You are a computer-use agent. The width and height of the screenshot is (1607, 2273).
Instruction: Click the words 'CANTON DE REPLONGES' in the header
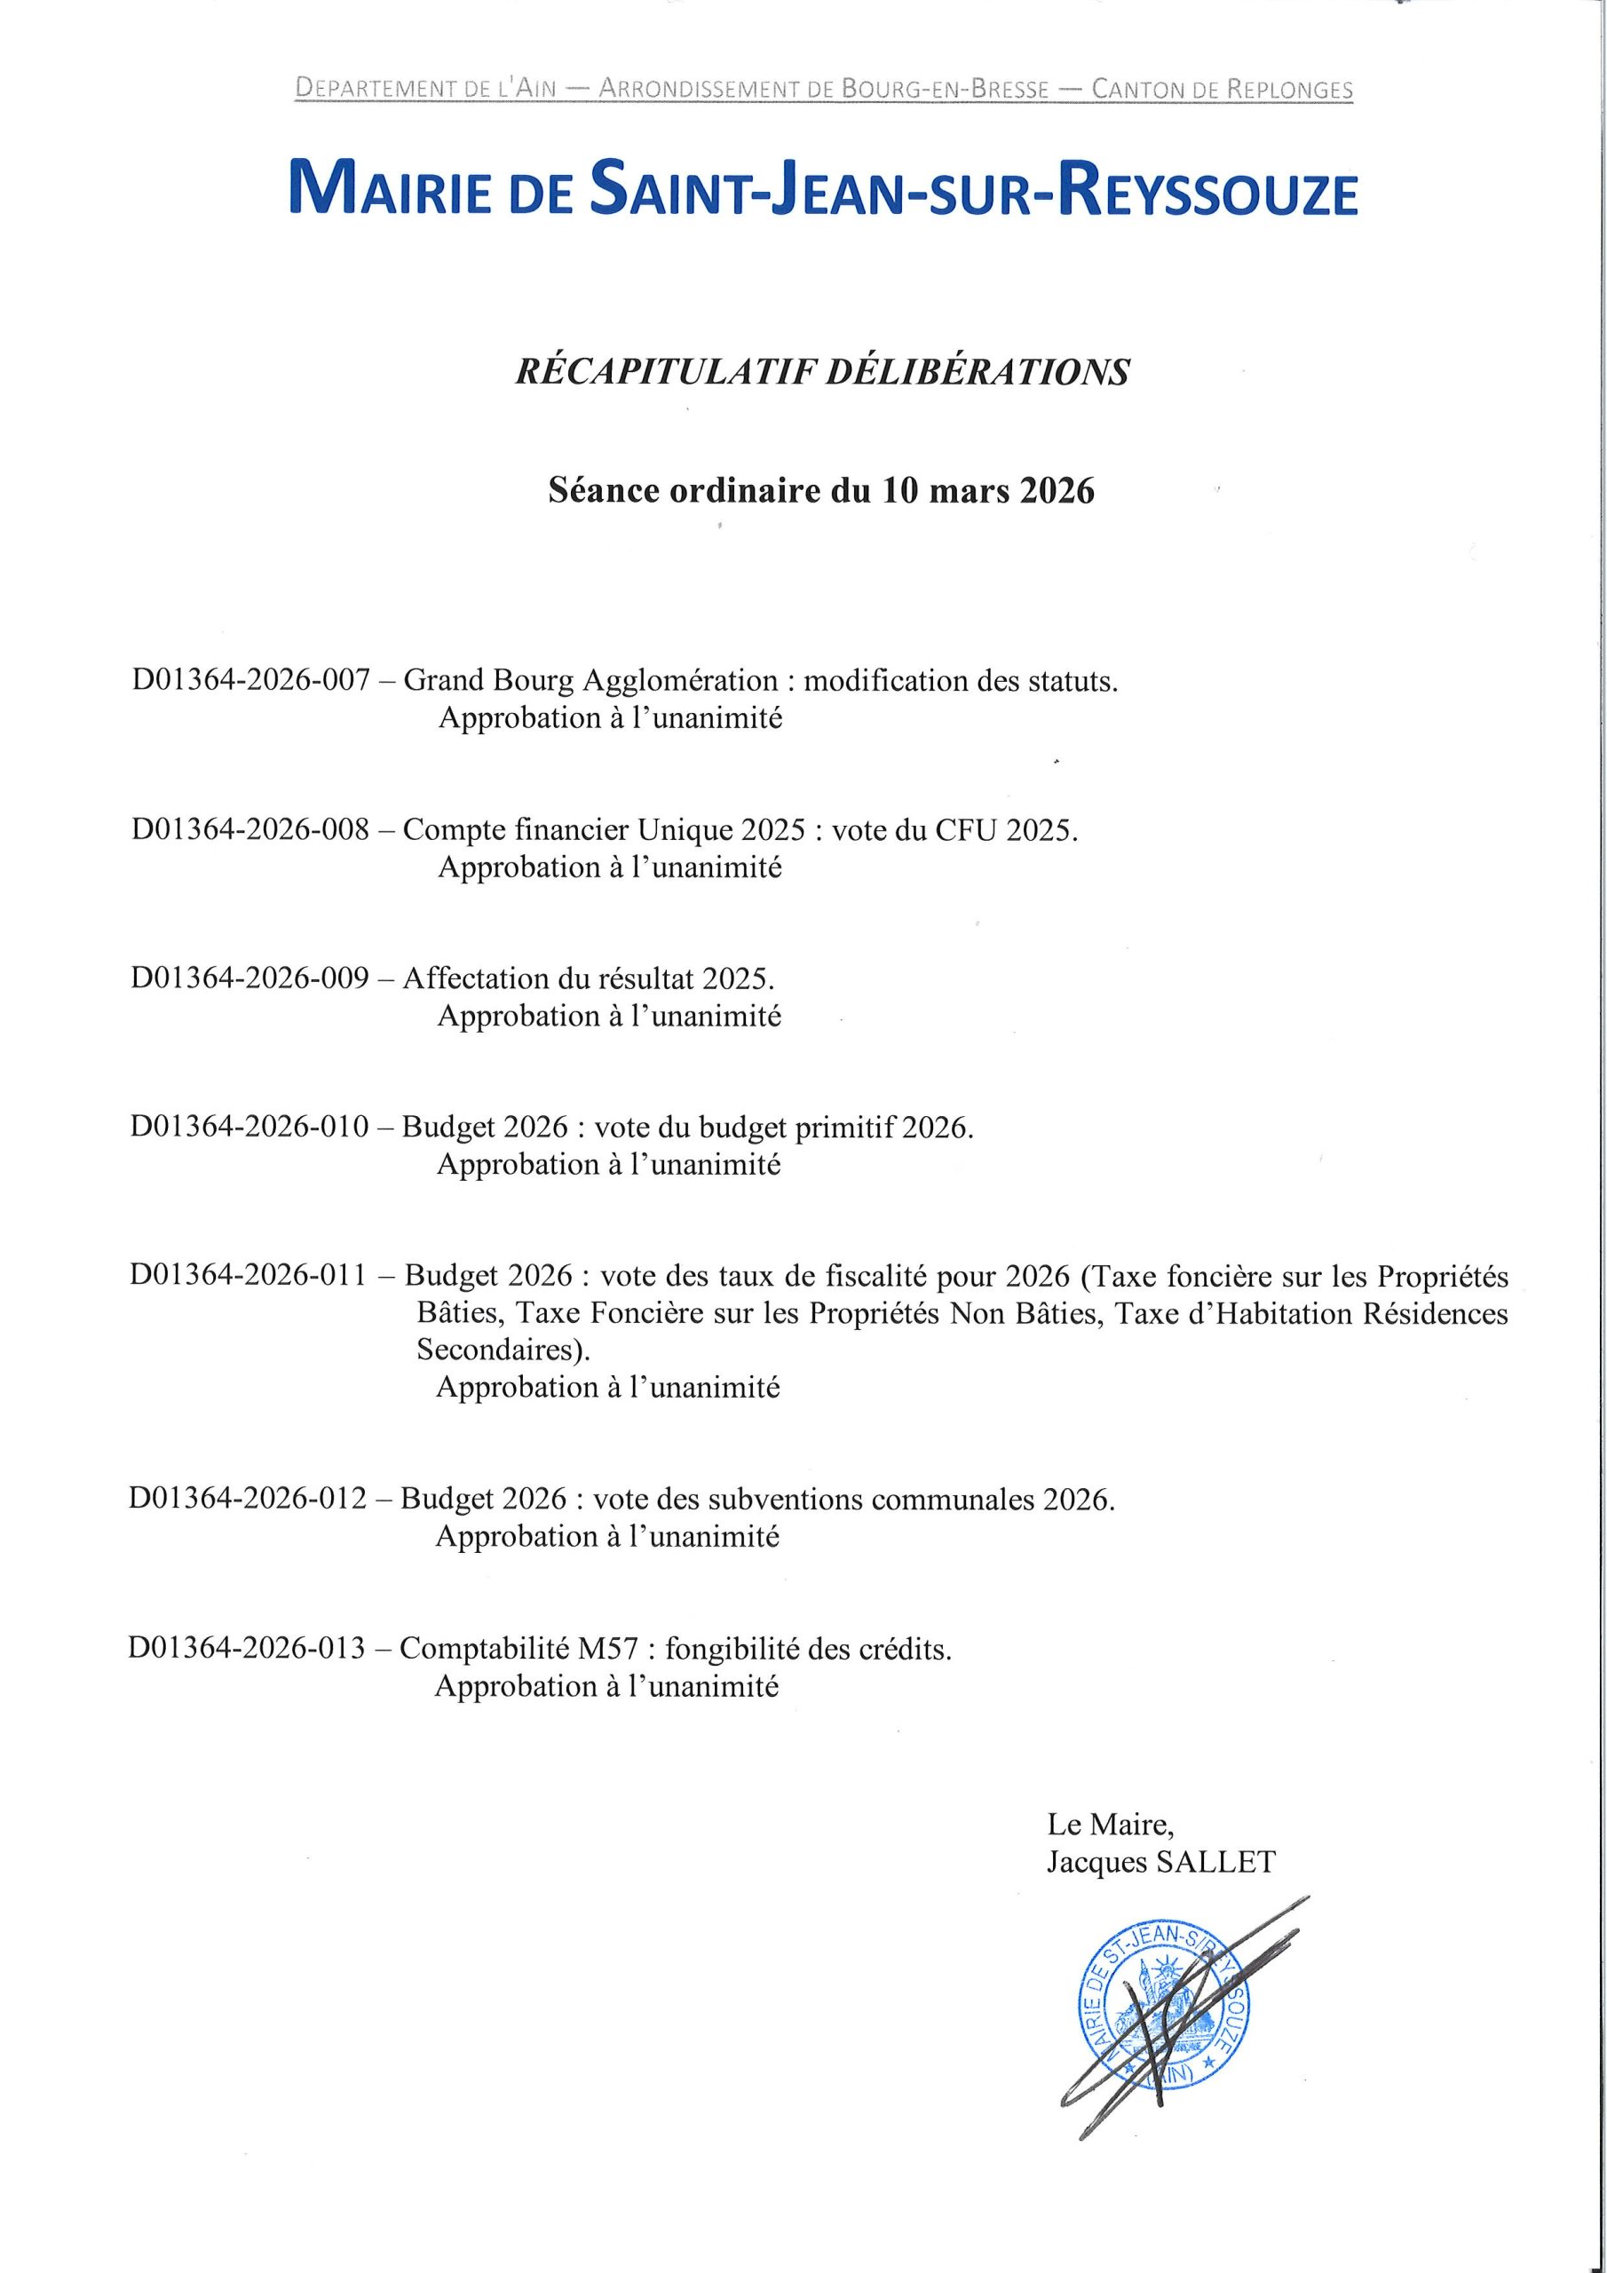pyautogui.click(x=1222, y=90)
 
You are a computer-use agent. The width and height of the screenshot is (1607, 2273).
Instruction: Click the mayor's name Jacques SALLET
pyautogui.click(x=1161, y=1862)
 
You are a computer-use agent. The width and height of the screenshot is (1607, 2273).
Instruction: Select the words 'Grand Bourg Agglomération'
pyautogui.click(x=591, y=681)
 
